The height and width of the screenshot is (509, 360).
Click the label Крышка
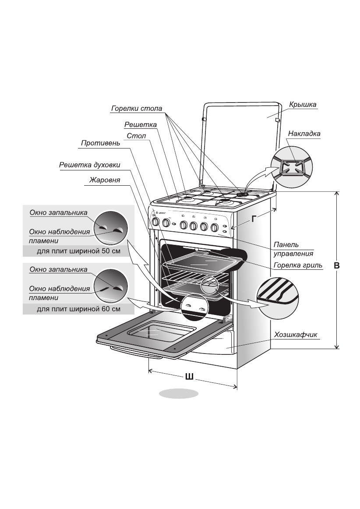coord(303,105)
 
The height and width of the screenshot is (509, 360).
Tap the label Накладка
coord(304,134)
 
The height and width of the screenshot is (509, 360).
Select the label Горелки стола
coord(137,109)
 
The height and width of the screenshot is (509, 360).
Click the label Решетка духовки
coord(89,166)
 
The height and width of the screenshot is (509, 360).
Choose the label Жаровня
coord(105,180)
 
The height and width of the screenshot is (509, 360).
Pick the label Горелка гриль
coord(298,265)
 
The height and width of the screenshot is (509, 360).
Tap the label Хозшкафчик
coord(295,335)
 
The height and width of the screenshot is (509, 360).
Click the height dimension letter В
coord(337,265)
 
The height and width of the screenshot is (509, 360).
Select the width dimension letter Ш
coord(190,376)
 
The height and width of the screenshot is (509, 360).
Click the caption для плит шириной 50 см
coord(78,252)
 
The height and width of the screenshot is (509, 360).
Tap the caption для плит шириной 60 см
coord(78,309)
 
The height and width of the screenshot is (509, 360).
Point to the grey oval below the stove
coord(179,393)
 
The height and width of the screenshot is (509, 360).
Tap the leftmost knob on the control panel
coord(155,223)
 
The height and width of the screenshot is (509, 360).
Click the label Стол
coord(136,136)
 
